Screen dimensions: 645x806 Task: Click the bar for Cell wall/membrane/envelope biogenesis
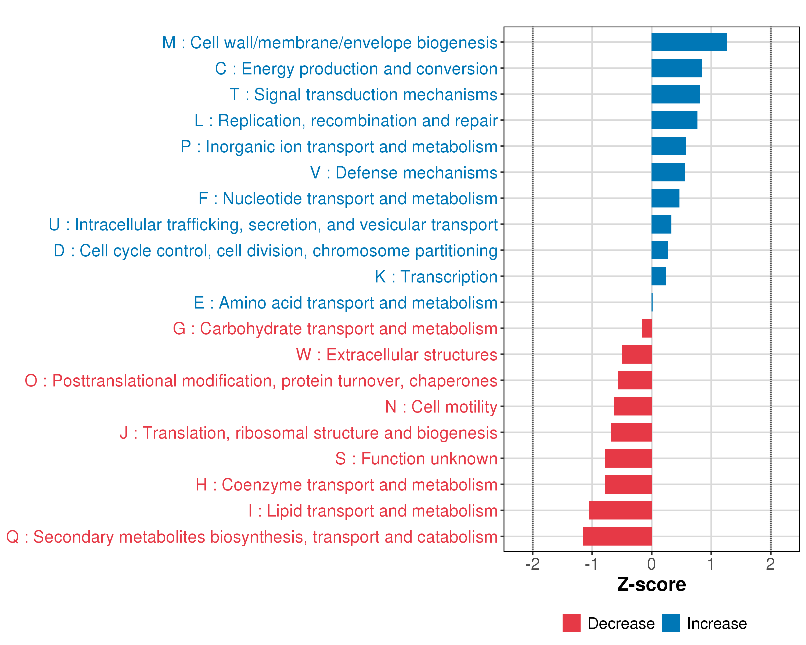(x=689, y=42)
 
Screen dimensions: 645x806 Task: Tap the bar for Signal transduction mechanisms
(x=675, y=94)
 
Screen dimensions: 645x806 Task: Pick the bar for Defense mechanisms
(x=668, y=172)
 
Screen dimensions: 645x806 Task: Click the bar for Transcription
(x=658, y=276)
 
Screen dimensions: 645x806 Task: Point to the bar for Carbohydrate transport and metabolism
(x=647, y=328)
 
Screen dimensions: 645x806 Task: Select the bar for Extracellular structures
(x=637, y=354)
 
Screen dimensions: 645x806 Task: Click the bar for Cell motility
(x=632, y=406)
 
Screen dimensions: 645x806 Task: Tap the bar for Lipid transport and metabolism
(x=620, y=510)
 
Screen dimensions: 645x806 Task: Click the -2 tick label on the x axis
(x=532, y=564)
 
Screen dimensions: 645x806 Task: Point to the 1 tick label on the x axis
(x=711, y=564)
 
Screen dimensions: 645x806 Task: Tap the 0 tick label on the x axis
(x=651, y=564)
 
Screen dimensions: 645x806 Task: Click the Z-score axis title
(x=651, y=585)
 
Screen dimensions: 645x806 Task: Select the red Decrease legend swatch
(x=571, y=623)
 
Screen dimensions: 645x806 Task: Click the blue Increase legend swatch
(x=671, y=623)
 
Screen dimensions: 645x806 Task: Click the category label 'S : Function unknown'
(x=416, y=459)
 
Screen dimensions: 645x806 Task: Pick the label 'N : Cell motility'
(x=441, y=407)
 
